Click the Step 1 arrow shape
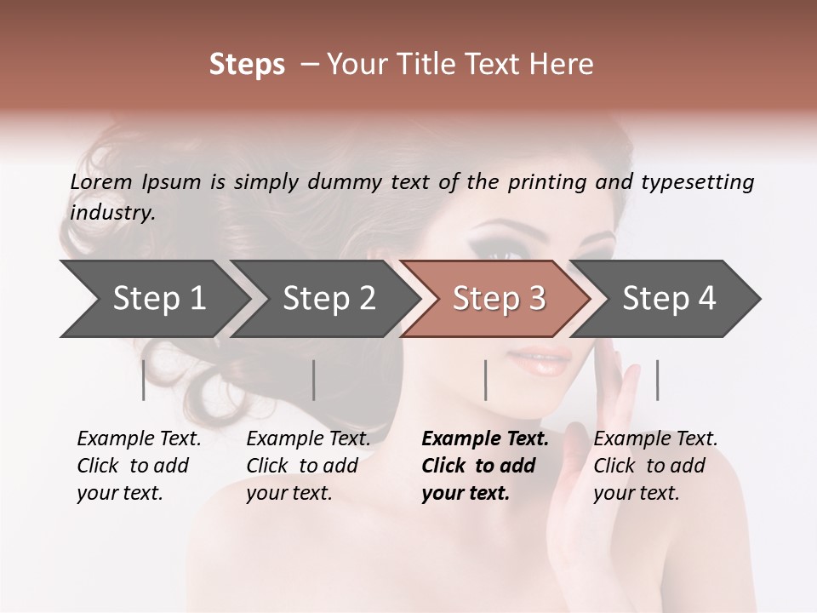click(x=153, y=299)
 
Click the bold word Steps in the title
click(x=247, y=64)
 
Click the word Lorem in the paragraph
click(x=101, y=181)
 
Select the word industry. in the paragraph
click(x=113, y=212)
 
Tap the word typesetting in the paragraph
click(x=697, y=182)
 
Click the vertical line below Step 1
click(x=144, y=380)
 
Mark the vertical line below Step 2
click(x=314, y=380)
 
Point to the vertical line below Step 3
click(x=485, y=380)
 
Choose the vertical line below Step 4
click(x=657, y=380)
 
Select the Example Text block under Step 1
click(x=139, y=466)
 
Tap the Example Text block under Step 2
click(x=308, y=466)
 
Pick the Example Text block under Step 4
click(x=655, y=466)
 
